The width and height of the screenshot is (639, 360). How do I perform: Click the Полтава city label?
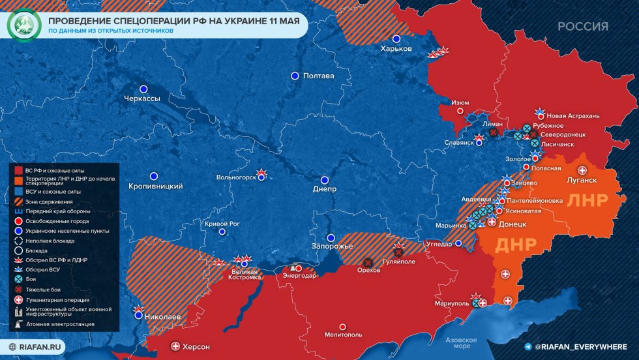click(319, 76)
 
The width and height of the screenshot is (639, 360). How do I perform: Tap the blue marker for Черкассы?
click(143, 89)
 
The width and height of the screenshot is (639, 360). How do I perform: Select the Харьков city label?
click(396, 49)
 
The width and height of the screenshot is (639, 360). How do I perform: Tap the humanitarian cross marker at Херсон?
click(175, 346)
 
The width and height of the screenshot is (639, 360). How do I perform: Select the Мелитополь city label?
click(343, 335)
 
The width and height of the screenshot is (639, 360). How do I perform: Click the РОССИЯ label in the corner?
click(583, 27)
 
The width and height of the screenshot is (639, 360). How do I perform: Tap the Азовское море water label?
click(461, 343)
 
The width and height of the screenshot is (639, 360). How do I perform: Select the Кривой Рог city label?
click(223, 224)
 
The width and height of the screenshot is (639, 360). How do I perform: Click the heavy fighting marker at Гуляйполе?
click(398, 252)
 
